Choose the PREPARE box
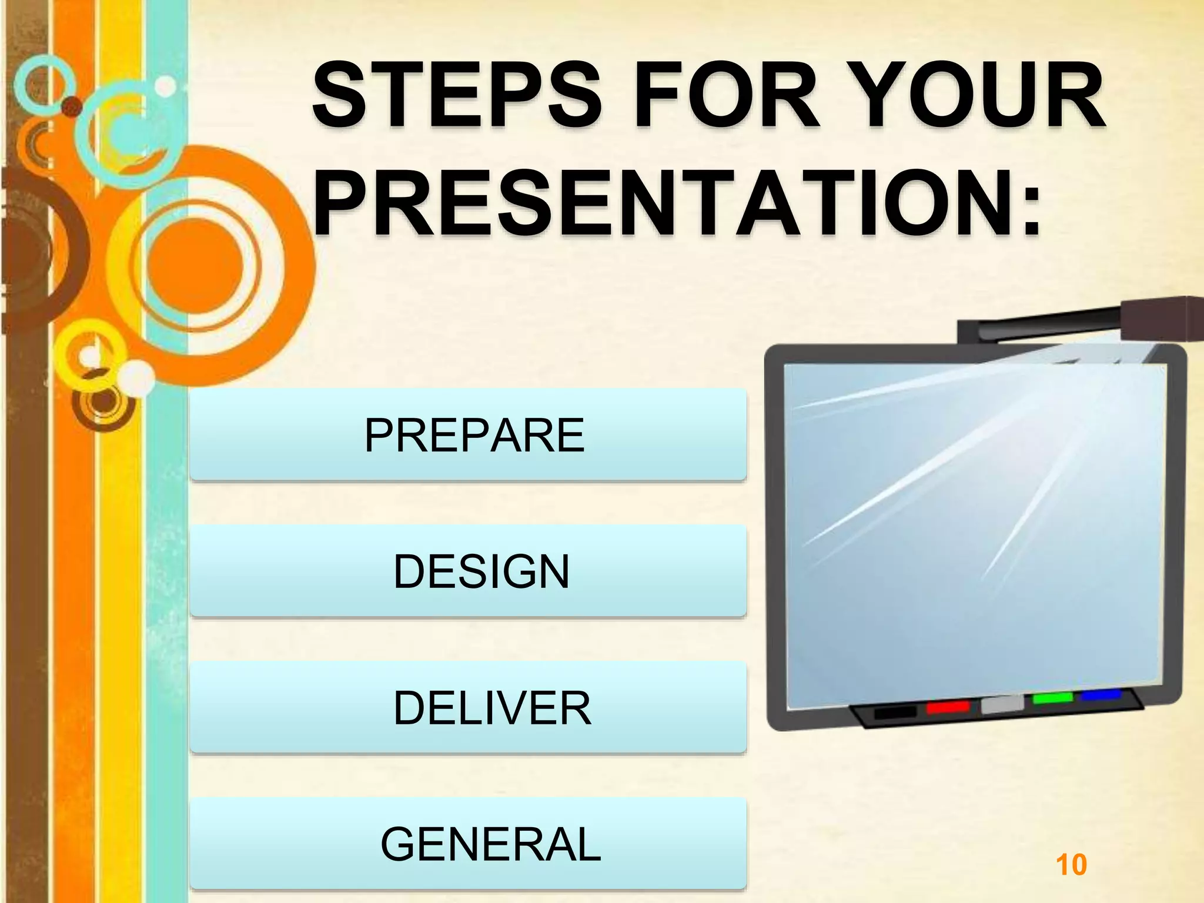point(468,435)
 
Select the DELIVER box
point(468,708)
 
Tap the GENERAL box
point(468,844)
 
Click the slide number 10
point(1071,865)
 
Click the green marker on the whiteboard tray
point(1052,698)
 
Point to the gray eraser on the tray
point(1002,704)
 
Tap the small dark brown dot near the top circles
point(72,106)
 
